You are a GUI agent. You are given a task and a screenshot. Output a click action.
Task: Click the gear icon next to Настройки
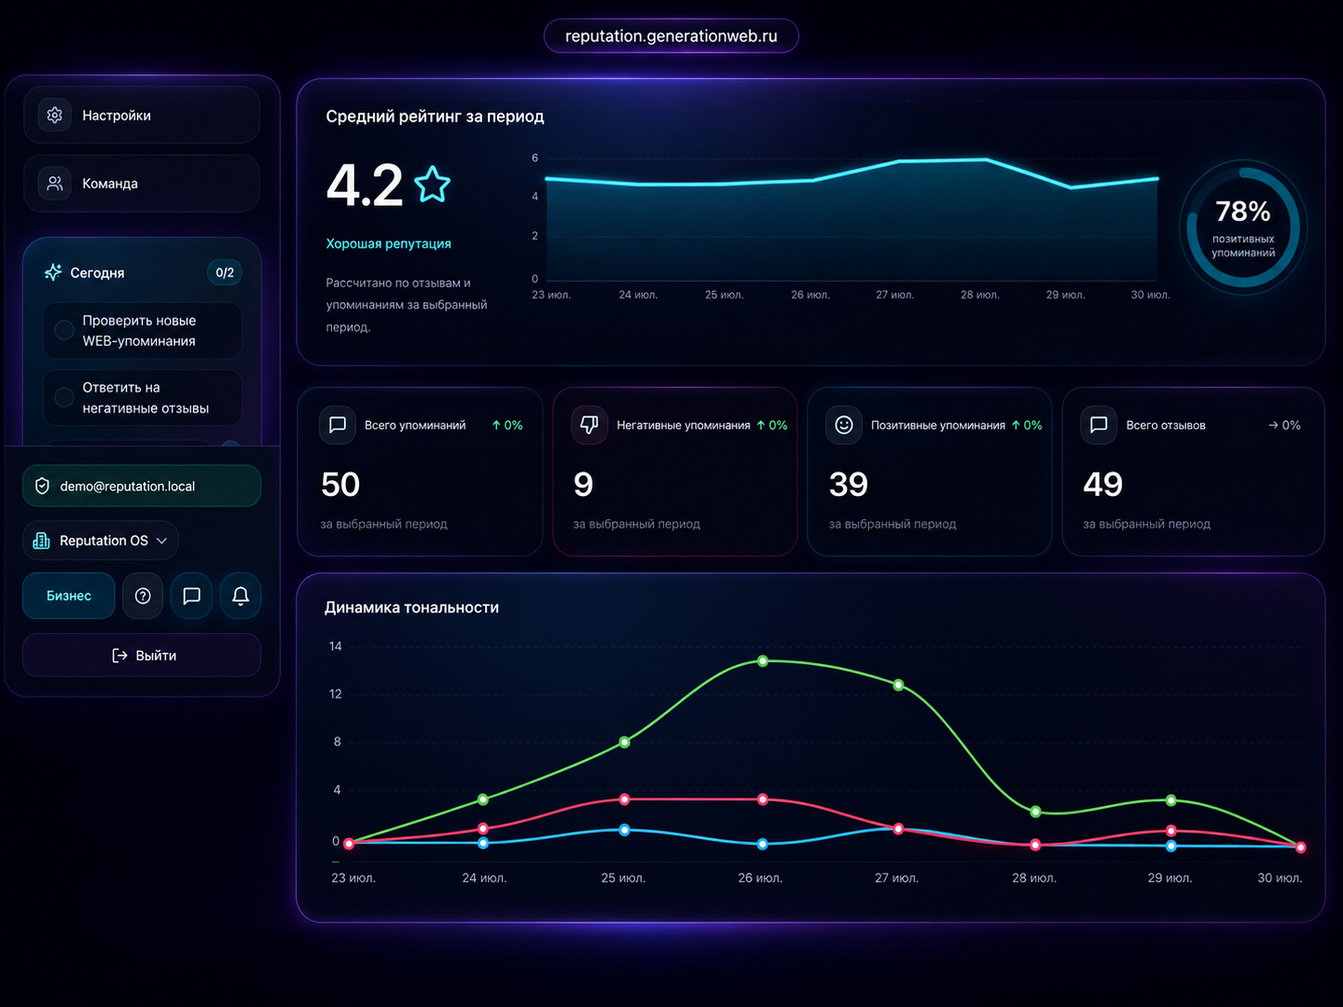click(x=55, y=115)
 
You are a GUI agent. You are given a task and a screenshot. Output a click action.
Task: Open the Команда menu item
click(x=141, y=184)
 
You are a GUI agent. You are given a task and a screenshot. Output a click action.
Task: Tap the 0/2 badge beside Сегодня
click(x=224, y=273)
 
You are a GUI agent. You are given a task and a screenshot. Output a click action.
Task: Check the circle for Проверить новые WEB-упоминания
click(x=64, y=330)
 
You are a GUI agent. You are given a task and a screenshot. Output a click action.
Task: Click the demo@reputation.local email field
click(x=141, y=486)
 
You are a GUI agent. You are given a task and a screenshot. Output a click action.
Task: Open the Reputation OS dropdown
click(x=100, y=541)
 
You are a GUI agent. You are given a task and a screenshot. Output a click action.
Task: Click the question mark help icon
click(x=143, y=595)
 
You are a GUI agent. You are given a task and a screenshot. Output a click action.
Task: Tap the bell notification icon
click(x=240, y=595)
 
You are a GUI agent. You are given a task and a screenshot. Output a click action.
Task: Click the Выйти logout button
click(x=141, y=656)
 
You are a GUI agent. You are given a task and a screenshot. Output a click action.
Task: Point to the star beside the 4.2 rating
click(x=432, y=184)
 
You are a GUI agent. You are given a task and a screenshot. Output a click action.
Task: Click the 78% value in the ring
click(x=1243, y=211)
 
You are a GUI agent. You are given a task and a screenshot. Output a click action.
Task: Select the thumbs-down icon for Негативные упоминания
click(x=589, y=425)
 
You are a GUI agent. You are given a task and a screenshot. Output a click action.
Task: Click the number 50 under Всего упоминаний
click(x=340, y=484)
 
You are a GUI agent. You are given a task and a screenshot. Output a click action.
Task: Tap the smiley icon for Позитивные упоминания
click(x=844, y=425)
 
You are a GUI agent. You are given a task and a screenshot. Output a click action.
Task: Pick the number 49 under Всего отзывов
click(x=1103, y=484)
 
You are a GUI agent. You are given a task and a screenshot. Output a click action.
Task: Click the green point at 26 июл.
click(x=762, y=661)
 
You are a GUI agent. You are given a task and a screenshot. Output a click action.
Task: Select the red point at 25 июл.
click(x=624, y=799)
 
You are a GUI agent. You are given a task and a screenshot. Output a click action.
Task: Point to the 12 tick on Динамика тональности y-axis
click(x=336, y=694)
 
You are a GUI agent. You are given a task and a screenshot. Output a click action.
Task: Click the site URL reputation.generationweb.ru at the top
click(x=671, y=36)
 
